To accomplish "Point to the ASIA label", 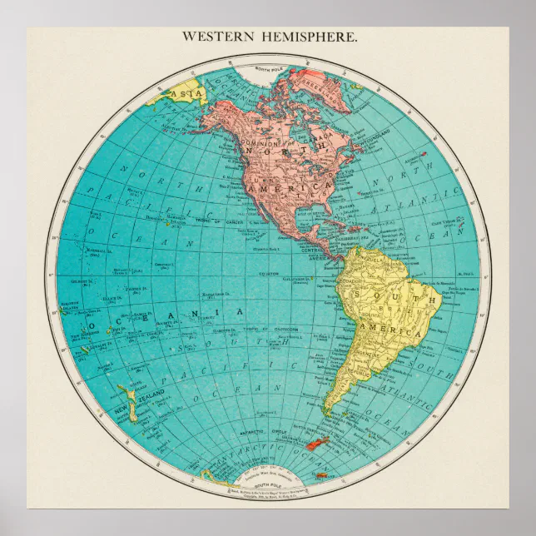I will pos(178,93).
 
